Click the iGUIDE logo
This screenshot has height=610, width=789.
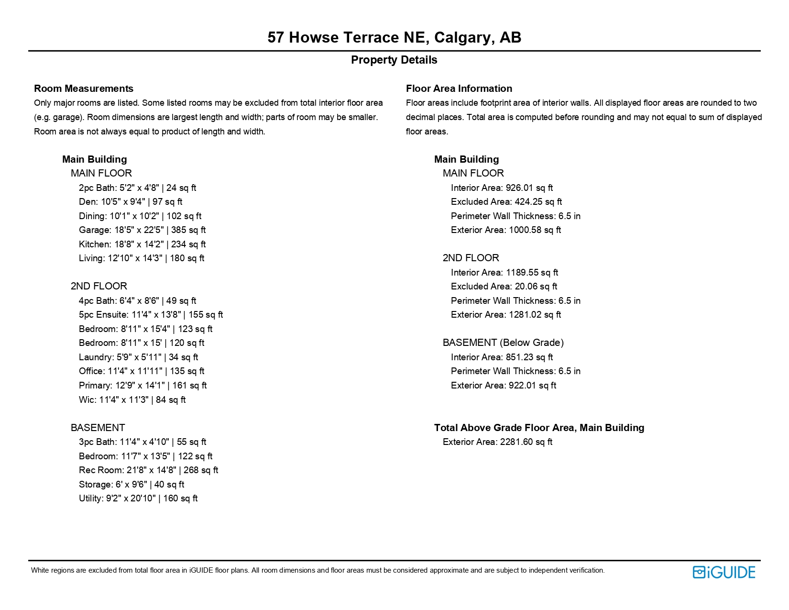click(723, 572)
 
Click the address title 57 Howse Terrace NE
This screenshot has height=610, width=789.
click(394, 37)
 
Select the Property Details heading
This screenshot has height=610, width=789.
click(394, 60)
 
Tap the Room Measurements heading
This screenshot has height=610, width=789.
click(84, 89)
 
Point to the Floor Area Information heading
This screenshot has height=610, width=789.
click(459, 89)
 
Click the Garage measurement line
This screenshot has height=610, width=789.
click(142, 230)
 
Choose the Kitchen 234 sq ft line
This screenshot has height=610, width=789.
click(142, 244)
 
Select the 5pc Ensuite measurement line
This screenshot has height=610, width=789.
click(151, 315)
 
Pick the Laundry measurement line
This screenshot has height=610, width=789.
click(138, 357)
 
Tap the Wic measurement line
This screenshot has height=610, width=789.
click(132, 400)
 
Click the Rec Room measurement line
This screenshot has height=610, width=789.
click(148, 470)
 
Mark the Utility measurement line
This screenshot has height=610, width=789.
click(138, 499)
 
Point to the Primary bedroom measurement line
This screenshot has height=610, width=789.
click(142, 386)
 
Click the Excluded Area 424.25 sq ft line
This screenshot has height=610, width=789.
click(506, 202)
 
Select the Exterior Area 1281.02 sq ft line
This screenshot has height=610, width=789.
click(505, 315)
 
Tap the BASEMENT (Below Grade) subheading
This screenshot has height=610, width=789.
click(503, 343)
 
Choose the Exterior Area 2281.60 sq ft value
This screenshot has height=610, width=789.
click(497, 442)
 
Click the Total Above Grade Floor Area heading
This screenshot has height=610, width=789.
click(539, 428)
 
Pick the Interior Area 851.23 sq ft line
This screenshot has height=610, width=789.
click(502, 357)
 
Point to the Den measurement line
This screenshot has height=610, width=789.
click(131, 202)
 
